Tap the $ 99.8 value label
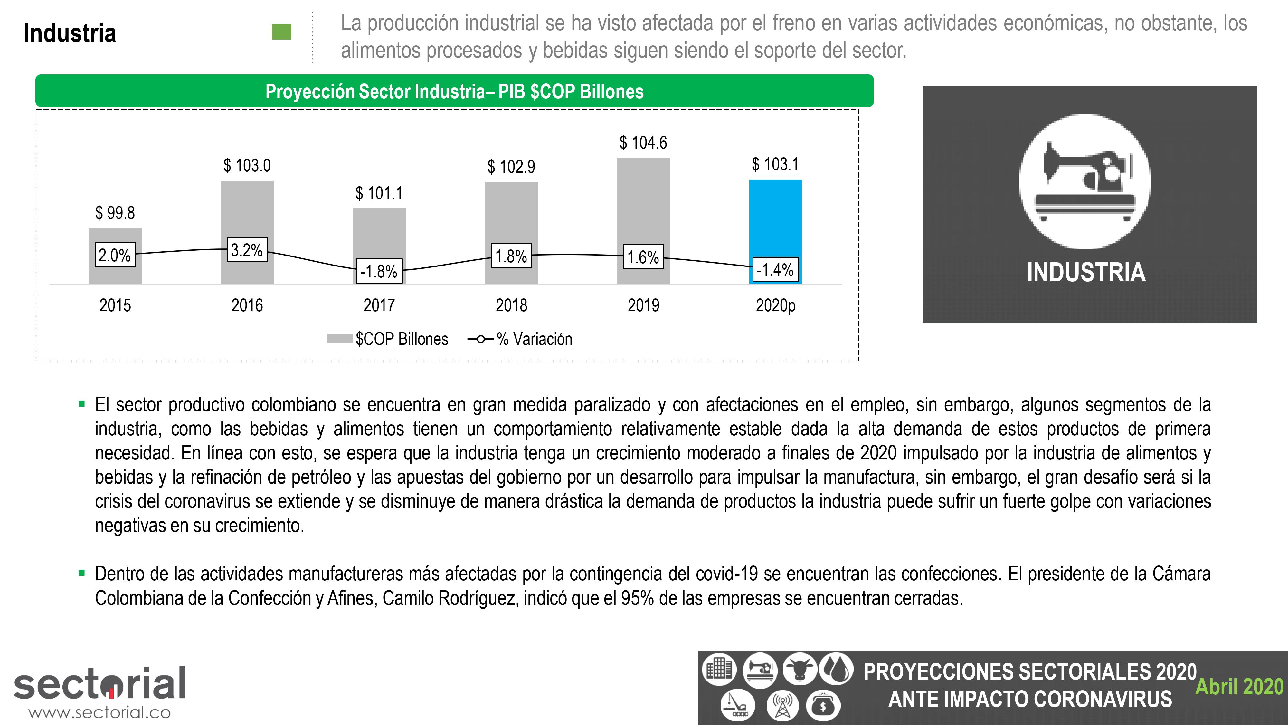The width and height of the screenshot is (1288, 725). click(x=115, y=213)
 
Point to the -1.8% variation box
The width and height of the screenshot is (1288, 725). click(x=379, y=271)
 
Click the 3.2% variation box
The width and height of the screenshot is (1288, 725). click(x=247, y=250)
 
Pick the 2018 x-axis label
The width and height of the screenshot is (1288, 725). click(x=511, y=305)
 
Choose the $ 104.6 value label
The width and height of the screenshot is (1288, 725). click(x=643, y=143)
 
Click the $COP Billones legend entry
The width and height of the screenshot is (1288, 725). click(x=388, y=339)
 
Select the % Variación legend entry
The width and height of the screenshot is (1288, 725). click(x=520, y=339)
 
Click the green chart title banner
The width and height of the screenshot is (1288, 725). click(x=454, y=91)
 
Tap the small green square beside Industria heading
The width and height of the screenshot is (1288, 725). click(x=281, y=32)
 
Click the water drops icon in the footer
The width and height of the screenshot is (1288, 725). click(x=836, y=670)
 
